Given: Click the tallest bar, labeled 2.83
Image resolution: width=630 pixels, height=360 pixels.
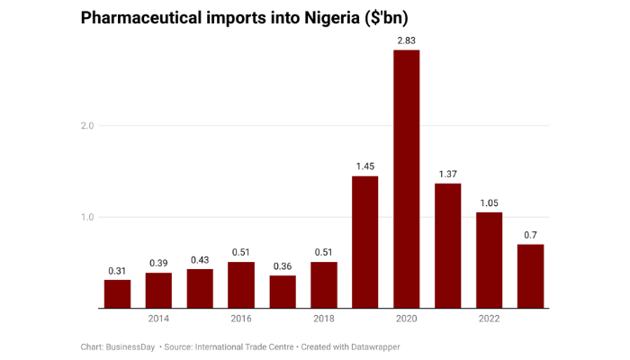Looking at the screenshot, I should tap(407, 179).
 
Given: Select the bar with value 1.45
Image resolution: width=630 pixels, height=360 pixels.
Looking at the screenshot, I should tap(364, 242).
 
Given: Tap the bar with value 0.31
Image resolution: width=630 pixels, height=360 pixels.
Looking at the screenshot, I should tap(117, 294).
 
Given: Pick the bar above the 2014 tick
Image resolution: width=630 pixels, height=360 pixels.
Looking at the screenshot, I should tap(158, 291).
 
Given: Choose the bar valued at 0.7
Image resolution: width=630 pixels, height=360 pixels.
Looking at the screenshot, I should tap(531, 276).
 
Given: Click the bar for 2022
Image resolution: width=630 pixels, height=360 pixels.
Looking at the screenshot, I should tap(489, 260).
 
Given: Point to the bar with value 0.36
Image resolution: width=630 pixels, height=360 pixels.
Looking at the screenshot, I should tap(283, 292).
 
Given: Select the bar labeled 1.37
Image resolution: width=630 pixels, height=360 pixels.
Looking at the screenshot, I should tap(448, 246).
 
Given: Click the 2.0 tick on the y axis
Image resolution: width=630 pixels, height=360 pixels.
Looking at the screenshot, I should tap(86, 126).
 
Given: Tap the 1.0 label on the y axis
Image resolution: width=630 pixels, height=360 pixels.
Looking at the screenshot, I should tap(86, 217).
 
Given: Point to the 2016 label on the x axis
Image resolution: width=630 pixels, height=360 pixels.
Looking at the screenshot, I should tap(241, 319).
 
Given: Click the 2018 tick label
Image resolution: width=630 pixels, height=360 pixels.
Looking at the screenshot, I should tap(324, 319).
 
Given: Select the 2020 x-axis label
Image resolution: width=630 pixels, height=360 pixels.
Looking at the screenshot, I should tap(407, 319).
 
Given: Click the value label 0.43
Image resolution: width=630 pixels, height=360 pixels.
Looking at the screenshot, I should tap(200, 260).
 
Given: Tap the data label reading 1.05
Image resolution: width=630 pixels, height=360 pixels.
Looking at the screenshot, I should tap(489, 202).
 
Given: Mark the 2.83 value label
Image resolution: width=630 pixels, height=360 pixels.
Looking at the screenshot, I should tap(407, 40).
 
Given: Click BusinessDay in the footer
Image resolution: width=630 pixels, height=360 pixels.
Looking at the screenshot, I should tap(131, 346).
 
